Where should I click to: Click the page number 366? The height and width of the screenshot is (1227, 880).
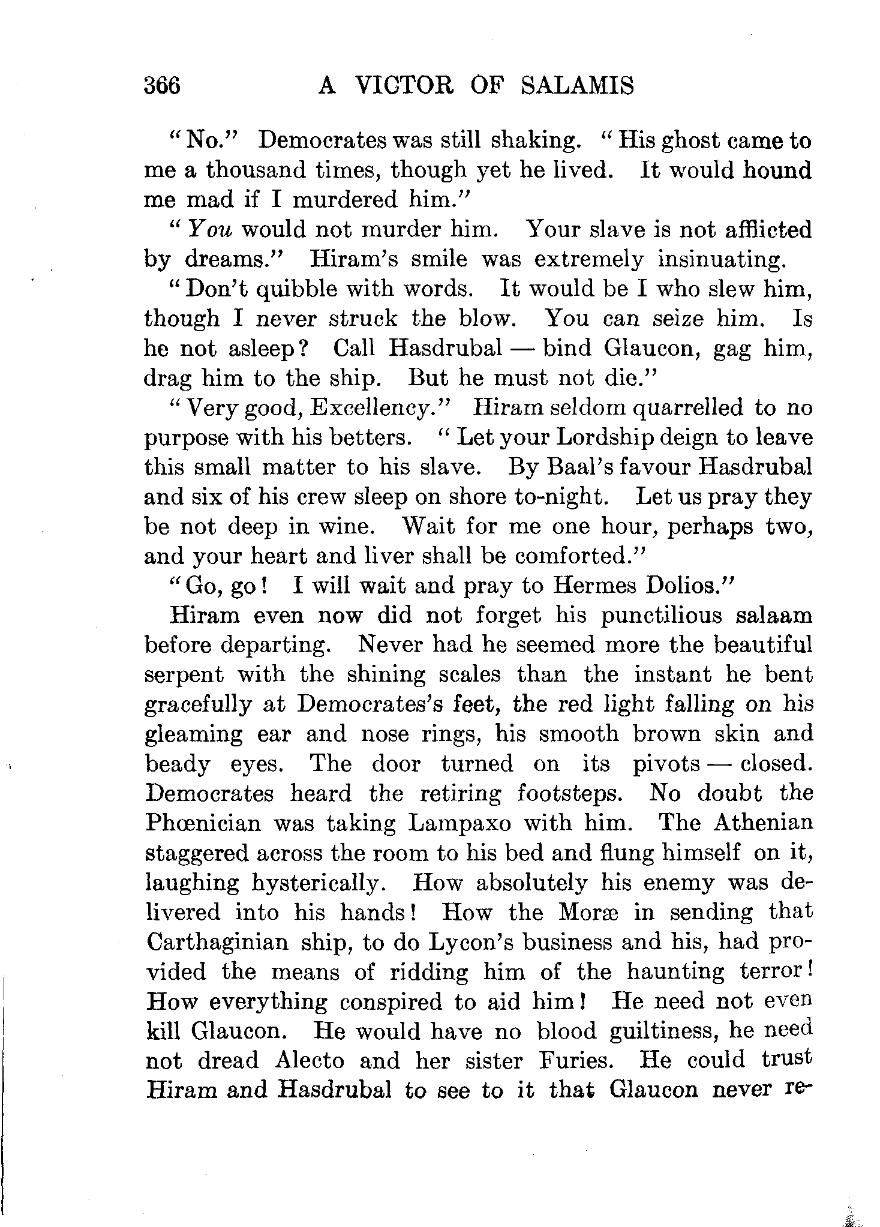(162, 86)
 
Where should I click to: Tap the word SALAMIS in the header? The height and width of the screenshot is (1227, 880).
(577, 86)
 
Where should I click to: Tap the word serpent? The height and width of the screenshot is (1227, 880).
(184, 675)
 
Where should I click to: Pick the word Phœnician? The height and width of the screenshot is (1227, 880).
(203, 823)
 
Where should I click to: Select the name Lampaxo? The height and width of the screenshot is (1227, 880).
(459, 823)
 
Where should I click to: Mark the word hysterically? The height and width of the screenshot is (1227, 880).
(323, 883)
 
